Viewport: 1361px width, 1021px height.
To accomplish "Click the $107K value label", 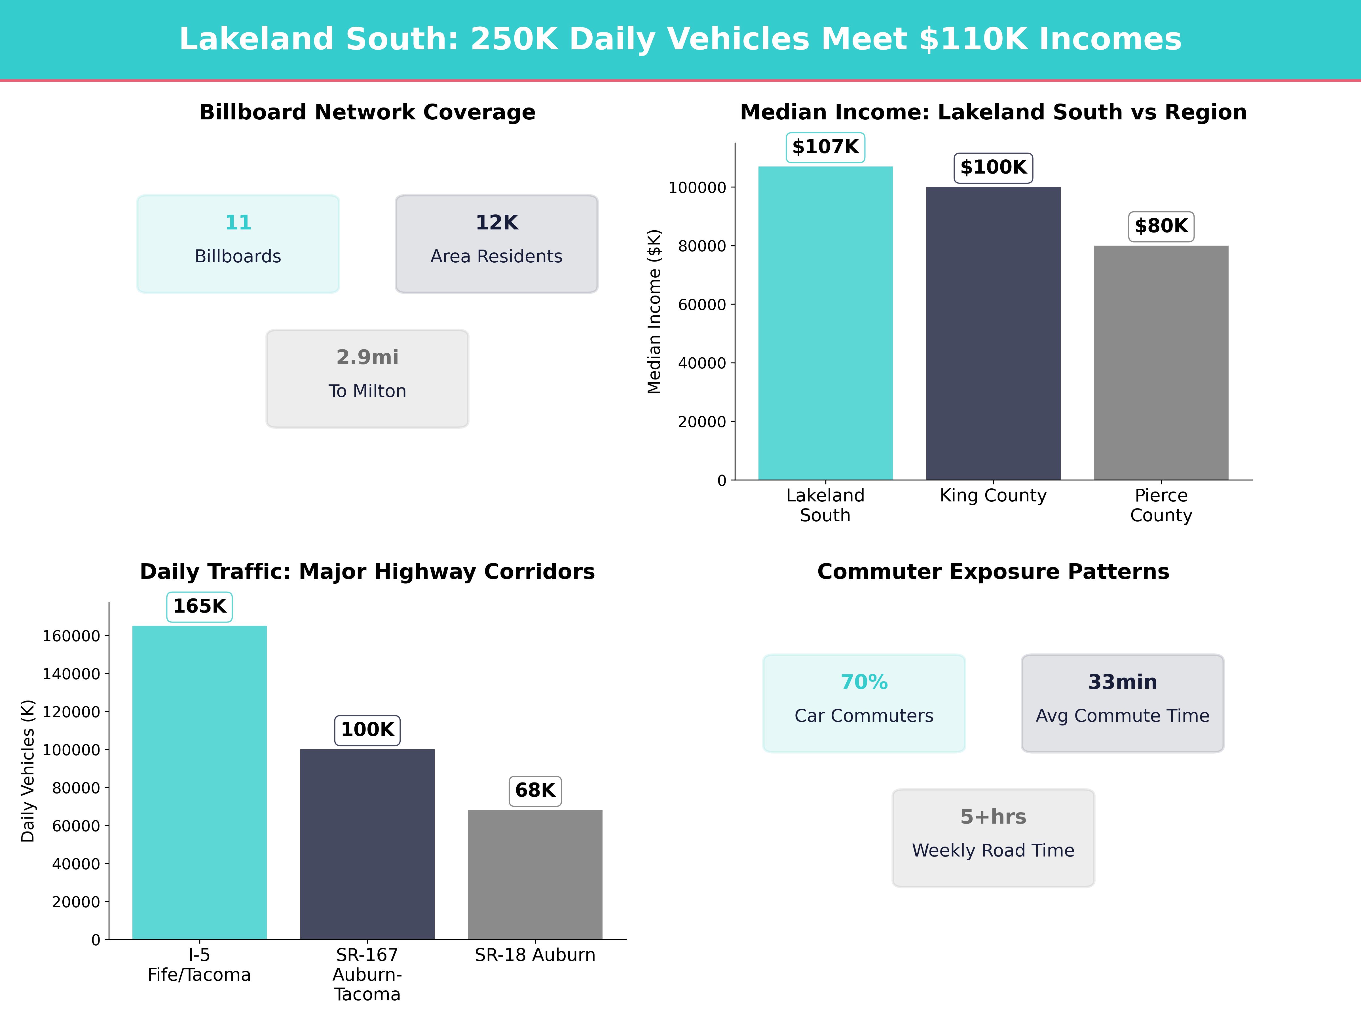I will pyautogui.click(x=825, y=147).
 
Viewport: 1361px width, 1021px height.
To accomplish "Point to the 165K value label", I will pyautogui.click(x=199, y=606).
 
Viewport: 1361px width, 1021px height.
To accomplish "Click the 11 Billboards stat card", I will pyautogui.click(x=238, y=244).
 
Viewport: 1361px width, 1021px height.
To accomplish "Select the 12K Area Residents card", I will pyautogui.click(x=496, y=244).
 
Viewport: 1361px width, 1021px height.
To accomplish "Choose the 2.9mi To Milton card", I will pyautogui.click(x=367, y=379).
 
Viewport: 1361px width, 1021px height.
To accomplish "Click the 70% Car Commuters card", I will pyautogui.click(x=864, y=703).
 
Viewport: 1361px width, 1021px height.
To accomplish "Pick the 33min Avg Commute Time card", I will pyautogui.click(x=1122, y=703).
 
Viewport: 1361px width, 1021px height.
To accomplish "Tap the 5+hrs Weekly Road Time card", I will pyautogui.click(x=993, y=838).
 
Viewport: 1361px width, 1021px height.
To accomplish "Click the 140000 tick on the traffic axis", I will pyautogui.click(x=71, y=674).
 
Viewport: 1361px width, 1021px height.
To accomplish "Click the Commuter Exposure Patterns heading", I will pyautogui.click(x=993, y=572).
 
